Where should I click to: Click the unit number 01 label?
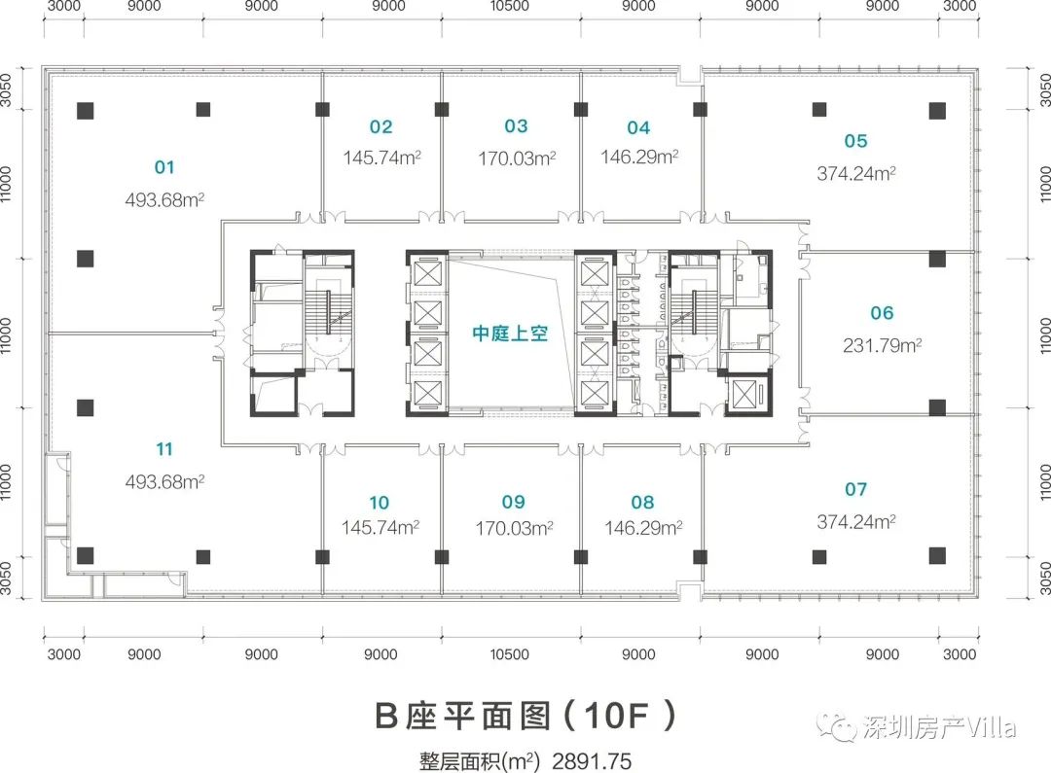tap(164, 167)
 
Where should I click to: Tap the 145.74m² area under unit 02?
tap(382, 158)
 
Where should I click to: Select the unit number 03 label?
tap(516, 126)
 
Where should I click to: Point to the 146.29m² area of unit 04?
tap(639, 157)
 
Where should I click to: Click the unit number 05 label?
tap(856, 141)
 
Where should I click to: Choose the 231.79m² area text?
tap(882, 345)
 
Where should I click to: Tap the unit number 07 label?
tap(856, 489)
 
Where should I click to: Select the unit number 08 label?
tap(642, 502)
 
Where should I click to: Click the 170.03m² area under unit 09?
tap(514, 528)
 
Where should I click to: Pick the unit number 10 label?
tap(379, 503)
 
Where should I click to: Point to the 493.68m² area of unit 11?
tap(164, 481)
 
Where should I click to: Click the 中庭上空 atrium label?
tap(510, 333)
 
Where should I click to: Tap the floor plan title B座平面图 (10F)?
tap(525, 716)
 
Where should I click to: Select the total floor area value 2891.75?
tap(592, 761)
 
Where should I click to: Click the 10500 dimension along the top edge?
tap(509, 6)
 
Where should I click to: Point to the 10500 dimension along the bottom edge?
tap(509, 653)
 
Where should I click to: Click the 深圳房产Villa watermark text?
tap(938, 726)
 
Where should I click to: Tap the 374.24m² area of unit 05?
tap(856, 173)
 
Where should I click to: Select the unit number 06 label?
tap(882, 313)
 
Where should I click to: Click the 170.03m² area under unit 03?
tap(517, 158)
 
